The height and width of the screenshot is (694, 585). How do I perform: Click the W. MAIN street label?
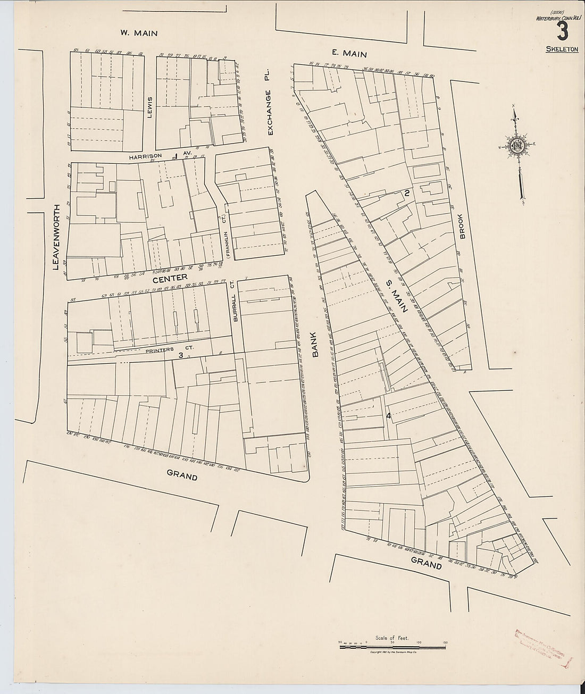[139, 33]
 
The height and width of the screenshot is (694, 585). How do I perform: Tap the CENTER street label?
[170, 278]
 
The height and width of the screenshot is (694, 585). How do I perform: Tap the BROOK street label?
[462, 226]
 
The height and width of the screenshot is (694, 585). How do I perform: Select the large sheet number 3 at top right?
[561, 31]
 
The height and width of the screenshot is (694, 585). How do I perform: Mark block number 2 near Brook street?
[406, 194]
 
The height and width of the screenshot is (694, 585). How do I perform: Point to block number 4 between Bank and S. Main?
[389, 416]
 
